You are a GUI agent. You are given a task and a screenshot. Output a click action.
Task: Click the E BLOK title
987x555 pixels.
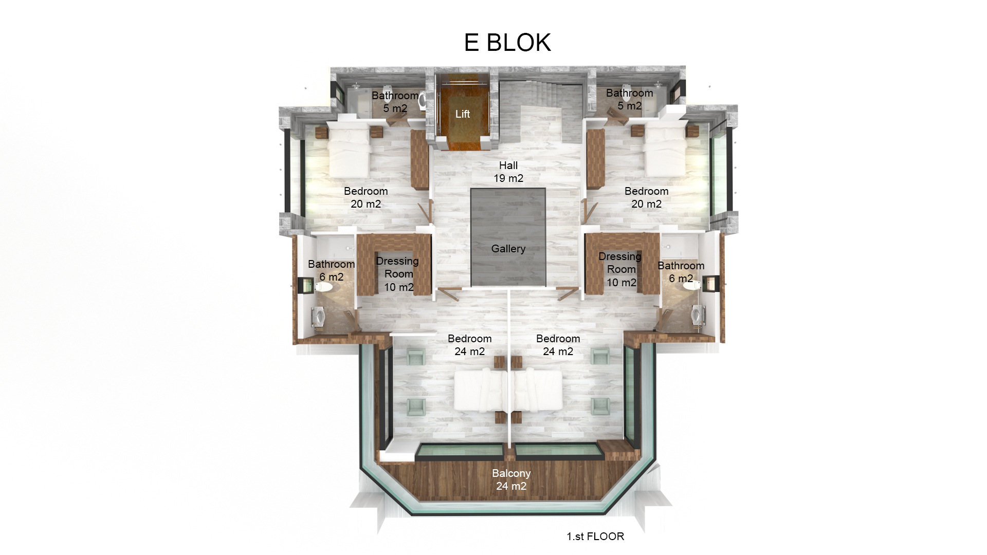coord(507,43)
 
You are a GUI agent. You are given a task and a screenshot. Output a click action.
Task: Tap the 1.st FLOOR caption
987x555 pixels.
coord(595,536)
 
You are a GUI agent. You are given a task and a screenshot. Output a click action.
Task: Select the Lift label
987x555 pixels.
coord(462,114)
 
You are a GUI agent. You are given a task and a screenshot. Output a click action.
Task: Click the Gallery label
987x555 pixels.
coord(508,249)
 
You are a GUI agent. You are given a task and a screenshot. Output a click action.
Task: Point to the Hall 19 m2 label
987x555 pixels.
coord(508,172)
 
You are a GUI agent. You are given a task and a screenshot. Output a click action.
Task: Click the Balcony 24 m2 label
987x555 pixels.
coord(511,479)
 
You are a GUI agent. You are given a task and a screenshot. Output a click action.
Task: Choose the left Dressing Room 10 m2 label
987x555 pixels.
coord(398,274)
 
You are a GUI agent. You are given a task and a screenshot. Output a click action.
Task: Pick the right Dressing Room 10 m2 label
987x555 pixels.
coord(620,269)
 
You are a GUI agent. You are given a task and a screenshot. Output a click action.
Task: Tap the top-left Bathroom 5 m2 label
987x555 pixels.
coord(395,102)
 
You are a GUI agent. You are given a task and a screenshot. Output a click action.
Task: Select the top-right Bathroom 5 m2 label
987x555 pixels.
coord(629,99)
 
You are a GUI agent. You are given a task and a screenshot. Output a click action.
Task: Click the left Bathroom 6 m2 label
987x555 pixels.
coord(331,270)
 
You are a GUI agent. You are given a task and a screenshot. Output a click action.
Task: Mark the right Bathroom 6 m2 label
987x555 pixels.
coord(681,272)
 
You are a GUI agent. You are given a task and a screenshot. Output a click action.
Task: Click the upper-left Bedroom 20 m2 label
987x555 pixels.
coord(365,197)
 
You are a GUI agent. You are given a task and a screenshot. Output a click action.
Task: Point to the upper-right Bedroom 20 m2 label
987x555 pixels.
coord(646,197)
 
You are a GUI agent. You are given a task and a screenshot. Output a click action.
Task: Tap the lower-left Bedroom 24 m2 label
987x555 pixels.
coord(469,345)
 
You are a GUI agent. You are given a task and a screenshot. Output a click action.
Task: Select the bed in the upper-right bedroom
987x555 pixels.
coord(666,151)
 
